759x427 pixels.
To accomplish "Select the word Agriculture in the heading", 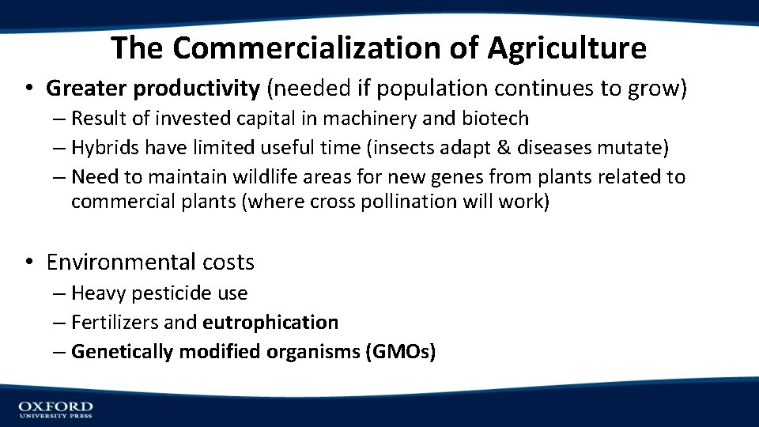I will (x=566, y=48).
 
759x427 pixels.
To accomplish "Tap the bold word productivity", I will (x=197, y=89).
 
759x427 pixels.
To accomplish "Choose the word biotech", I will (x=496, y=119).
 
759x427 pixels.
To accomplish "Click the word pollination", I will (x=417, y=202).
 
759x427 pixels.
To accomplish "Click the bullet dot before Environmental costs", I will (x=28, y=262).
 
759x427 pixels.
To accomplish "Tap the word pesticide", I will (x=168, y=293).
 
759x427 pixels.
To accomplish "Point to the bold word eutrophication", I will (x=270, y=323).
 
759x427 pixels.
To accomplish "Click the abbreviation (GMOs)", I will (x=400, y=352).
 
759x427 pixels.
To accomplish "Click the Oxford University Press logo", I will (x=55, y=408).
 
